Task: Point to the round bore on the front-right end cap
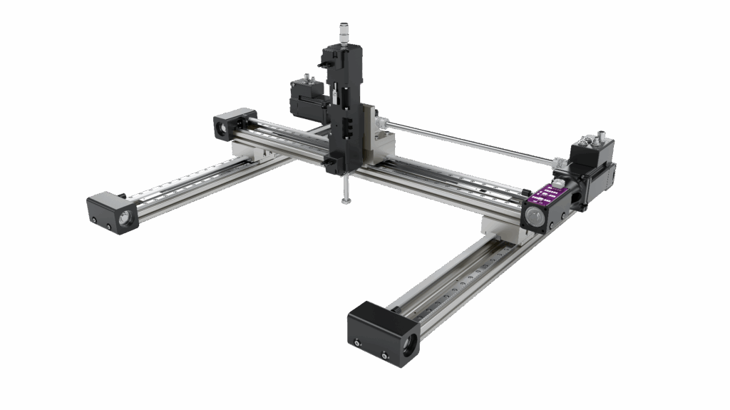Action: pyautogui.click(x=408, y=347)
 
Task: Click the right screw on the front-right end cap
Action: pyautogui.click(x=385, y=354)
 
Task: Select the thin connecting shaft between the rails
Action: pyautogui.click(x=463, y=141)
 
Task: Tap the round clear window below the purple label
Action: pyautogui.click(x=532, y=214)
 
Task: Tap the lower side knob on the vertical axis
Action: pyautogui.click(x=329, y=165)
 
